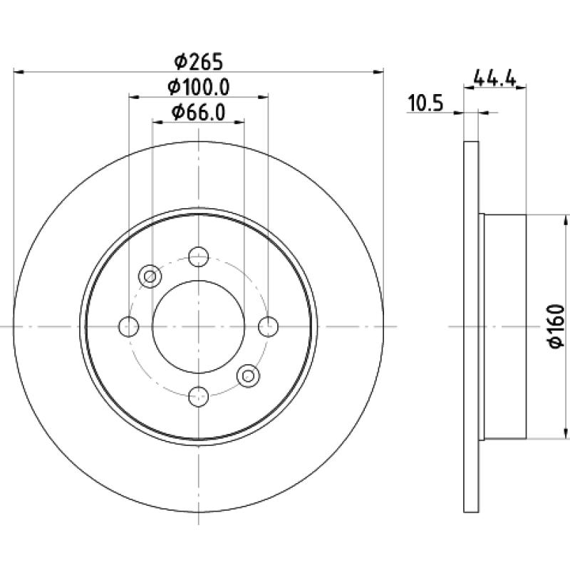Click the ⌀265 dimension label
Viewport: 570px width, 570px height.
[198, 61]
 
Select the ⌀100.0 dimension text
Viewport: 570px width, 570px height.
[199, 87]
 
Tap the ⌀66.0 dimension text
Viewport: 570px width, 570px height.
[199, 113]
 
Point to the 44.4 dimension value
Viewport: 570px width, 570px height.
[494, 78]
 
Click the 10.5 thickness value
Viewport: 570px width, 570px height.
[425, 103]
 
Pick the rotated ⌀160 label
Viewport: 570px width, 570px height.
[556, 326]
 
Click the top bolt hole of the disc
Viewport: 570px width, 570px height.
[199, 256]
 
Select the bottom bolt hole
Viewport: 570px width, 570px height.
[199, 396]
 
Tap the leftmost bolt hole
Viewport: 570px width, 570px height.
[129, 326]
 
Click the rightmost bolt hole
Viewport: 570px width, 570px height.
[269, 326]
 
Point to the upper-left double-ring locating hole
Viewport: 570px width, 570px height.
[150, 276]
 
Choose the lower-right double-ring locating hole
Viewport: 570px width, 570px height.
[248, 375]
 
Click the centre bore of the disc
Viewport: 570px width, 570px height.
[199, 326]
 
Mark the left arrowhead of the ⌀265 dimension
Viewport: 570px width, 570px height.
[19, 73]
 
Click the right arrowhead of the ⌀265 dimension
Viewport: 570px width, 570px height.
[378, 73]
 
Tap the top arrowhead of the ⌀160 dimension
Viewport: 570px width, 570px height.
[566, 220]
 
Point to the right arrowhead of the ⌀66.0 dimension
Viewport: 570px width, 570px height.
[239, 122]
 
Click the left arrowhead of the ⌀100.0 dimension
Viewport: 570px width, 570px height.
[134, 97]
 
